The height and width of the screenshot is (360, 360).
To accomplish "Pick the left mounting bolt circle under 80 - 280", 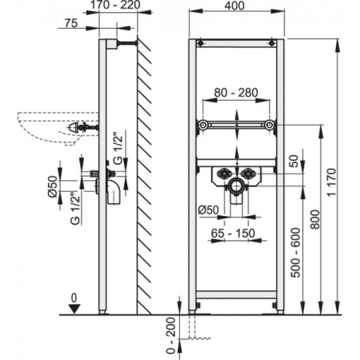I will tap(204, 126).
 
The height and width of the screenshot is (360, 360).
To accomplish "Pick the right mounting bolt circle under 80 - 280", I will tap(271, 126).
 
